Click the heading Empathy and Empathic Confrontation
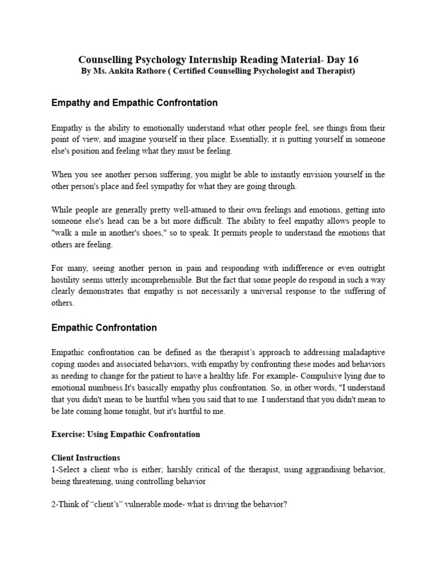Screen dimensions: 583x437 coord(134,103)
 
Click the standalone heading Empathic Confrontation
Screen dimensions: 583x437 coord(104,328)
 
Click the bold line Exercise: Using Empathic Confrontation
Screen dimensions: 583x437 coord(126,434)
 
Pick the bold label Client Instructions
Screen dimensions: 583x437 coord(85,458)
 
